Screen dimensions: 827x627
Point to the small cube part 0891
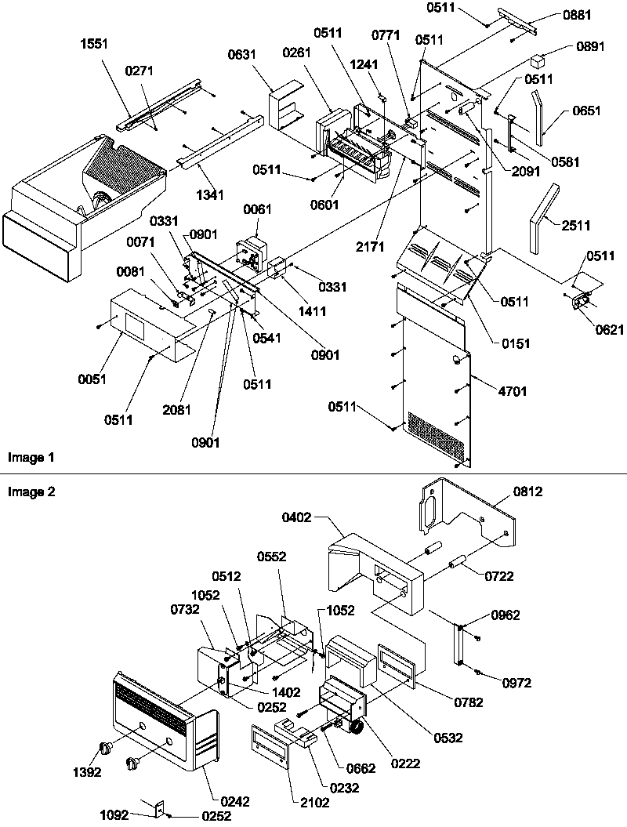click(538, 60)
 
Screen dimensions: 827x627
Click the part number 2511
click(576, 227)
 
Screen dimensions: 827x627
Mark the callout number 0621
click(610, 330)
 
